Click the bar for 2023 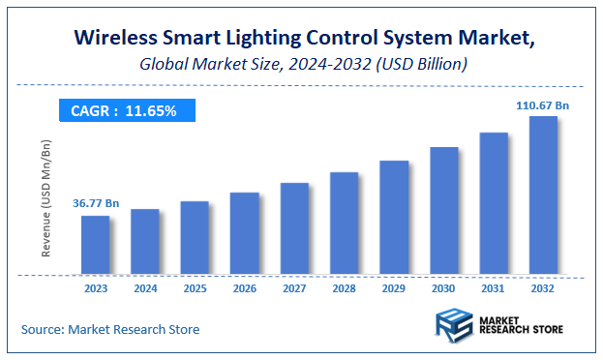coord(95,245)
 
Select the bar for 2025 coord(195,238)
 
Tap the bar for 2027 coord(294,228)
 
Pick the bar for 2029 coord(394,218)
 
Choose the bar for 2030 coord(443,211)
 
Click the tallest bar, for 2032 coord(543,195)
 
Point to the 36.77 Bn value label coord(96,204)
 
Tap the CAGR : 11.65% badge coord(124,111)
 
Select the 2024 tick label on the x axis coord(144,287)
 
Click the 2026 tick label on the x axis coord(244,287)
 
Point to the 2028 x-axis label coord(344,287)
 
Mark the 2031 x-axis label coord(494,287)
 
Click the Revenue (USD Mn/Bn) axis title coord(45,198)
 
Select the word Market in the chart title coord(491,40)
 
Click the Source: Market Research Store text coord(110,330)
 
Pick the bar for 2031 coord(494,203)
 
